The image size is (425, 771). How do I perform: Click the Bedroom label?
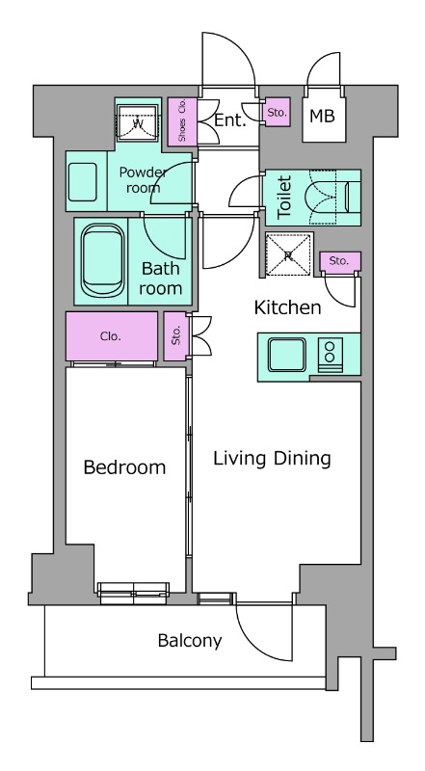click(x=124, y=467)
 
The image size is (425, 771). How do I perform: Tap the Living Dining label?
click(x=272, y=459)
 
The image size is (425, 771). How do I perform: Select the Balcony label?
click(x=190, y=641)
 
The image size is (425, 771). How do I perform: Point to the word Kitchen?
click(x=288, y=307)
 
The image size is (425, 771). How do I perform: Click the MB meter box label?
click(x=322, y=116)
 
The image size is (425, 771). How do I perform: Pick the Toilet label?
click(x=285, y=198)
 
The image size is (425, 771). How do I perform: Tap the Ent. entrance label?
click(x=230, y=120)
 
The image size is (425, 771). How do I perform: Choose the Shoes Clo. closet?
click(x=182, y=121)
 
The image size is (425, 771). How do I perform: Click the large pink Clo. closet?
click(x=112, y=336)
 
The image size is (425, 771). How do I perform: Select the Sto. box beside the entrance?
click(x=277, y=112)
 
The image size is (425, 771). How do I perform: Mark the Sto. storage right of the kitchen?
click(x=339, y=261)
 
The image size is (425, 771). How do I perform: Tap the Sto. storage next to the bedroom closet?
click(x=176, y=335)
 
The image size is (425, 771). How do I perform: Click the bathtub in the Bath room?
click(x=102, y=260)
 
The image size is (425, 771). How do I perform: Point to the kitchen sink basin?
click(x=287, y=355)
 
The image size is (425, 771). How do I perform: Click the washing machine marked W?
click(x=138, y=123)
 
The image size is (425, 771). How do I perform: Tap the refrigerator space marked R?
click(x=288, y=255)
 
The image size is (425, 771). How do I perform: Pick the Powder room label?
click(x=144, y=180)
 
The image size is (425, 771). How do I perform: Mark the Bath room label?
click(x=160, y=279)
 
